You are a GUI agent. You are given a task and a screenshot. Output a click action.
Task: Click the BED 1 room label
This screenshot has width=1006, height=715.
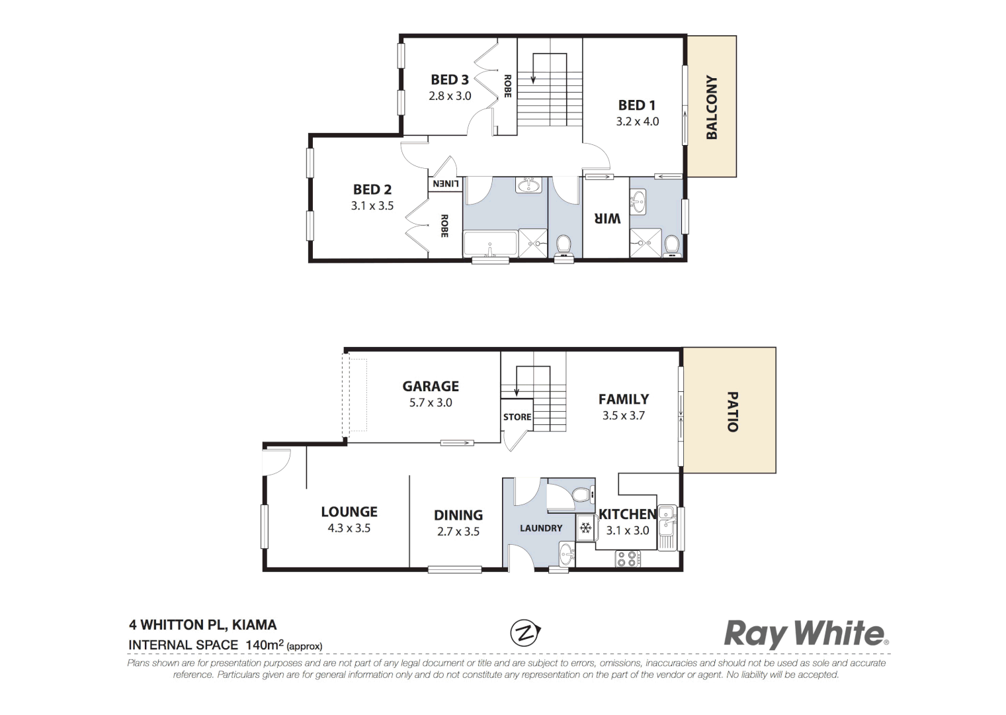tap(636, 105)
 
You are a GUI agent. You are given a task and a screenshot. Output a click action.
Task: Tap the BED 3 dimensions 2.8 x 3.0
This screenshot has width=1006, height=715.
tap(450, 96)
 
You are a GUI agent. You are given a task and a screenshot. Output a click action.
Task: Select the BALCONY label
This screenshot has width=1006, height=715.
tap(712, 107)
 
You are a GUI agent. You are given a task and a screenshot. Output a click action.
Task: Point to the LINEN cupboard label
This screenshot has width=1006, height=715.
tap(445, 183)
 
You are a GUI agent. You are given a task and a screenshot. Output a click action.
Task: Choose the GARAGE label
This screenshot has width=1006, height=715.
tap(431, 386)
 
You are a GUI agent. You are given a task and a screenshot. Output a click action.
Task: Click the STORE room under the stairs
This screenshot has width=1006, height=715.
tap(517, 417)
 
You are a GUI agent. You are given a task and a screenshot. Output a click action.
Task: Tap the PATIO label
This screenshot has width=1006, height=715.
tap(732, 412)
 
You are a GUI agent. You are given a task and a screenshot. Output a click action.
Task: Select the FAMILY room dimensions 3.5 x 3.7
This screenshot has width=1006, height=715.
tap(623, 416)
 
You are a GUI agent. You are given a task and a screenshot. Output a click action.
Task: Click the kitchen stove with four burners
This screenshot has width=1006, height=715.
tap(626, 559)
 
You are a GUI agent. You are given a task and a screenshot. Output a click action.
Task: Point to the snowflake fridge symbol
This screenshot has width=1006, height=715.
tap(585, 528)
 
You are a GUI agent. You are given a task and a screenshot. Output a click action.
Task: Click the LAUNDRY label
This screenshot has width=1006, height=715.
tap(540, 528)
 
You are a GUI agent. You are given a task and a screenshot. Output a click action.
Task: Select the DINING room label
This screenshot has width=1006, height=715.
tap(458, 515)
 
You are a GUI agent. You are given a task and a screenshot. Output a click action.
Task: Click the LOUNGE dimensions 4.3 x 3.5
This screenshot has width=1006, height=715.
tap(349, 528)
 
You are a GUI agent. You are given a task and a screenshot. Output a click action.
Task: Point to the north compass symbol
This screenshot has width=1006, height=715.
tap(525, 632)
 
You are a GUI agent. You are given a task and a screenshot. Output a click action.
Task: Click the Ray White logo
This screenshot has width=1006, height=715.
tap(806, 634)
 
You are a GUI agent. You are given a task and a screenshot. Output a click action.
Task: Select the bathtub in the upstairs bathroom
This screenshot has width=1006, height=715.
tap(489, 244)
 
